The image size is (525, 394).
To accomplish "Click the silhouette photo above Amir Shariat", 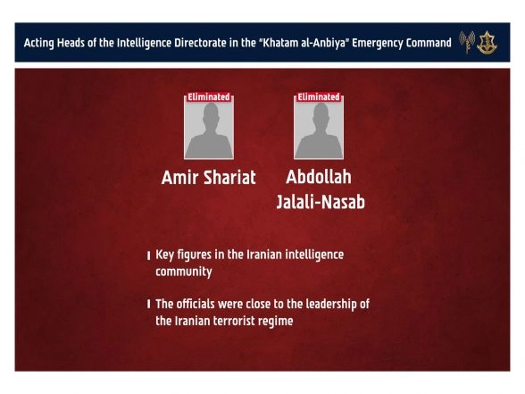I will pyautogui.click(x=208, y=130).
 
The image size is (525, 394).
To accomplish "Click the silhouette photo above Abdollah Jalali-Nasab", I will pyautogui.click(x=318, y=130).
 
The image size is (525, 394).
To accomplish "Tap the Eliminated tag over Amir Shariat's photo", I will pyautogui.click(x=208, y=96).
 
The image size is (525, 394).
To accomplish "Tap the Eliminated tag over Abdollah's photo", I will pyautogui.click(x=318, y=96).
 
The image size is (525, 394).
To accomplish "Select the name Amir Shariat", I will pyautogui.click(x=208, y=178).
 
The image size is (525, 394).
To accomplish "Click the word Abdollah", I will pyautogui.click(x=320, y=177).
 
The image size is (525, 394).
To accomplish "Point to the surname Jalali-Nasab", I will pyautogui.click(x=320, y=203).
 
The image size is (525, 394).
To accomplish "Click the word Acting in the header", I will pyautogui.click(x=41, y=43).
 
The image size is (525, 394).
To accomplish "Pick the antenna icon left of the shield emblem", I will pyautogui.click(x=467, y=42).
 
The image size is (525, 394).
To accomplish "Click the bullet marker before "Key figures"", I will pyautogui.click(x=148, y=256).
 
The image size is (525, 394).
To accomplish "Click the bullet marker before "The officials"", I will pyautogui.click(x=148, y=306).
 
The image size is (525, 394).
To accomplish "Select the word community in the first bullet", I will pyautogui.click(x=184, y=272).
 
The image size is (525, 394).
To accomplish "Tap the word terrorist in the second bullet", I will pyautogui.click(x=242, y=321).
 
